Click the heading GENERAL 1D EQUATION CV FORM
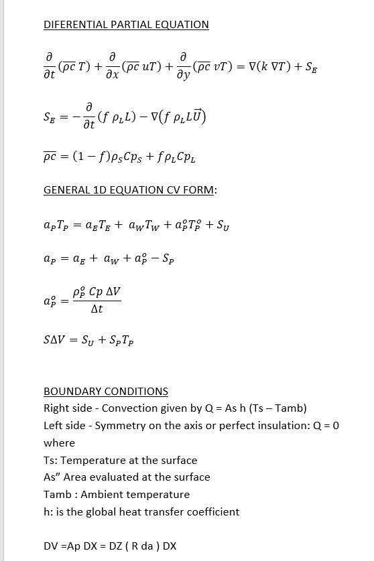130,189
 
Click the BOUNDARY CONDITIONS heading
106,391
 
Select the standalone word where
59,443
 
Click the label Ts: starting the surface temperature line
51,460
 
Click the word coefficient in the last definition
210,512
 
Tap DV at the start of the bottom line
51,546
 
